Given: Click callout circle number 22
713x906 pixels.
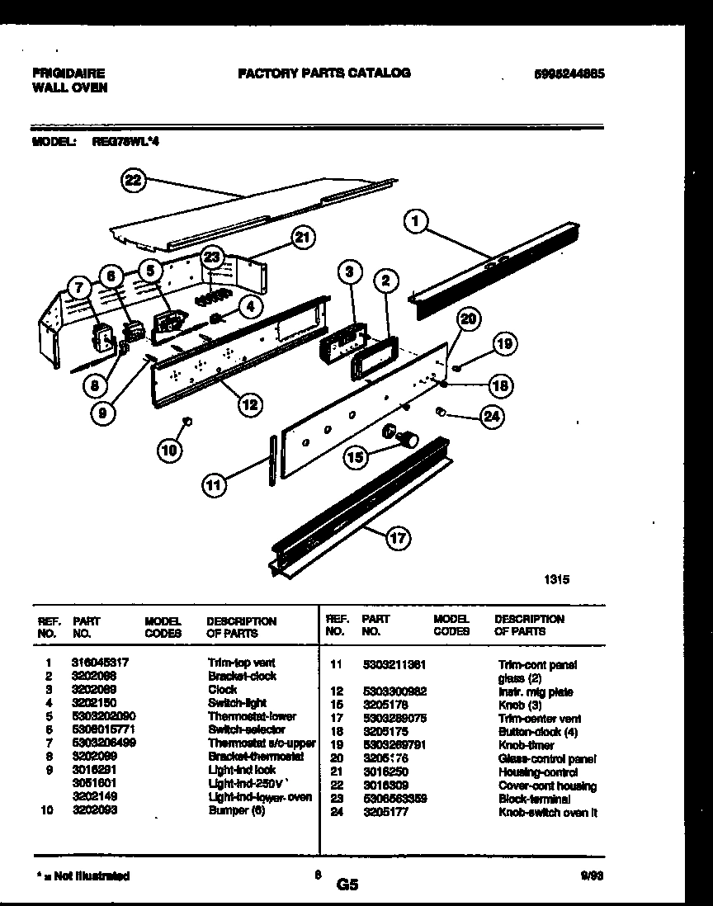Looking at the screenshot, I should (133, 182).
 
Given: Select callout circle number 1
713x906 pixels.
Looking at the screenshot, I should (418, 221).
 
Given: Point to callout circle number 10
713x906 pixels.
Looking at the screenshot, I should (169, 450).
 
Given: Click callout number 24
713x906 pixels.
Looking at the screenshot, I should (492, 417).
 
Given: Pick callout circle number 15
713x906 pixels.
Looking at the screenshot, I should (356, 455).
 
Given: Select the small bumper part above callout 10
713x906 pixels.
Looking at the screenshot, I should (187, 422).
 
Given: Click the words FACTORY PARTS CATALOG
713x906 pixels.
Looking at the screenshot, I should (323, 73).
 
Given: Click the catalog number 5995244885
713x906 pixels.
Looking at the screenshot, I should (570, 73).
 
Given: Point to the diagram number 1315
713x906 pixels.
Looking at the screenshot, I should (556, 580).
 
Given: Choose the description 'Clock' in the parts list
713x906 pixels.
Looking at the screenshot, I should (222, 690).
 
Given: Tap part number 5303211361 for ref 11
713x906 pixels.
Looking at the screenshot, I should (393, 664).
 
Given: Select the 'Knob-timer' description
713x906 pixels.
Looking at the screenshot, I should (526, 745).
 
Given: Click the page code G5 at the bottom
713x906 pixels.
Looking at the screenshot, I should (347, 885).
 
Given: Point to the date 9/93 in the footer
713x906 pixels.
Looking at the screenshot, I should (592, 876).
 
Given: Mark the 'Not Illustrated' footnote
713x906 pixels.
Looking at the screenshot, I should (83, 876).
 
